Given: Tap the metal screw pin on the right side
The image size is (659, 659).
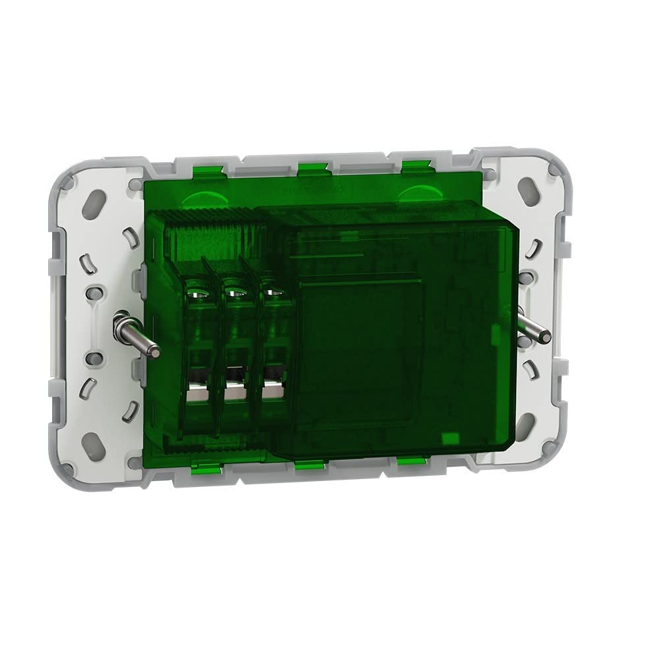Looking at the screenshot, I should [x=530, y=327].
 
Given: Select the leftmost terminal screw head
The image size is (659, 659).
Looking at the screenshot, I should [x=196, y=290].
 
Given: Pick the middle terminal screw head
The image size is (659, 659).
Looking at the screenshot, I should [x=233, y=289].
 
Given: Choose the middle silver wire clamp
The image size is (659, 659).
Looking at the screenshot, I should [x=234, y=391].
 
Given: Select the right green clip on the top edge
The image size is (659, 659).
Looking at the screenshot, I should [x=413, y=167].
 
